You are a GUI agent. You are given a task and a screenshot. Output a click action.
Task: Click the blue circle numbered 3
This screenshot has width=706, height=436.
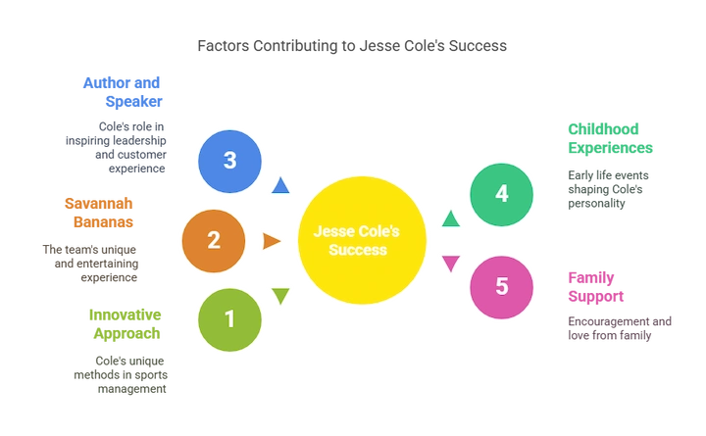click(x=229, y=160)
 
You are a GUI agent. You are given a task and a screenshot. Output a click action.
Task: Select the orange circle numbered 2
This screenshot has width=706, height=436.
click(x=214, y=239)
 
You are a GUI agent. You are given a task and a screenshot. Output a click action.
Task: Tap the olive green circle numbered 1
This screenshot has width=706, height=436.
click(x=229, y=318)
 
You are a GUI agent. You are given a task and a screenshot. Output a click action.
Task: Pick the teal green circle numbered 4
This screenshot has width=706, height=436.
click(x=502, y=194)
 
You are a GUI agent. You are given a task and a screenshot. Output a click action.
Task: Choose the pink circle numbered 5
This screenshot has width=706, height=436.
click(x=502, y=286)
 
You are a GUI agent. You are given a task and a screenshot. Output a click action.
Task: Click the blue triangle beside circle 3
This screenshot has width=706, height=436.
click(x=281, y=184)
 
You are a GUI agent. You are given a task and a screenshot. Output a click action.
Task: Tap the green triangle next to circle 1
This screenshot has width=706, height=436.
click(x=281, y=296)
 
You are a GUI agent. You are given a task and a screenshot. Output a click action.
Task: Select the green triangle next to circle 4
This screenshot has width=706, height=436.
click(x=450, y=218)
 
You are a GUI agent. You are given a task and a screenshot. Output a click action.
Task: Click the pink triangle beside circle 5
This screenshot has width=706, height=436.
click(x=450, y=262)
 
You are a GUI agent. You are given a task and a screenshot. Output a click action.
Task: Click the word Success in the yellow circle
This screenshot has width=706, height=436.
click(x=359, y=250)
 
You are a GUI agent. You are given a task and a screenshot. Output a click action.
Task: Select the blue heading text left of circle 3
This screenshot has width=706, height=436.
click(x=123, y=90)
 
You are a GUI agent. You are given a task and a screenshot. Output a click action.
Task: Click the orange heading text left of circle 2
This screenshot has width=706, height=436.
click(x=101, y=212)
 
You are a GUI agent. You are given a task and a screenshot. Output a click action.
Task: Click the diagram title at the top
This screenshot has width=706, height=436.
click(x=353, y=45)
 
